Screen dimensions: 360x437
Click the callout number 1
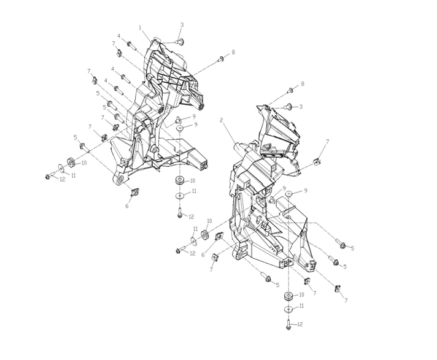(140, 28)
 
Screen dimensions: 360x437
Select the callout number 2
(221, 120)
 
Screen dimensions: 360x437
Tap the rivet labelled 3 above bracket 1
(178, 41)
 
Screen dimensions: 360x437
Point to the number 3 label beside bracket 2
(301, 107)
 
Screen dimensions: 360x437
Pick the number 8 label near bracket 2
(302, 83)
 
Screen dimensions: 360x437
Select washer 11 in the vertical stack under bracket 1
(179, 196)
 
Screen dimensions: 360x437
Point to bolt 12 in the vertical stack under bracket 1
(178, 214)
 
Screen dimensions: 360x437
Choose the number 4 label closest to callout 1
(119, 36)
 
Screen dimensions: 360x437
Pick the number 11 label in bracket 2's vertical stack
(301, 306)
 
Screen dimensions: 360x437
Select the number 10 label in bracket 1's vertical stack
(192, 181)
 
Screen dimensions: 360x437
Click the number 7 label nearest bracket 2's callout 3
(327, 142)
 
